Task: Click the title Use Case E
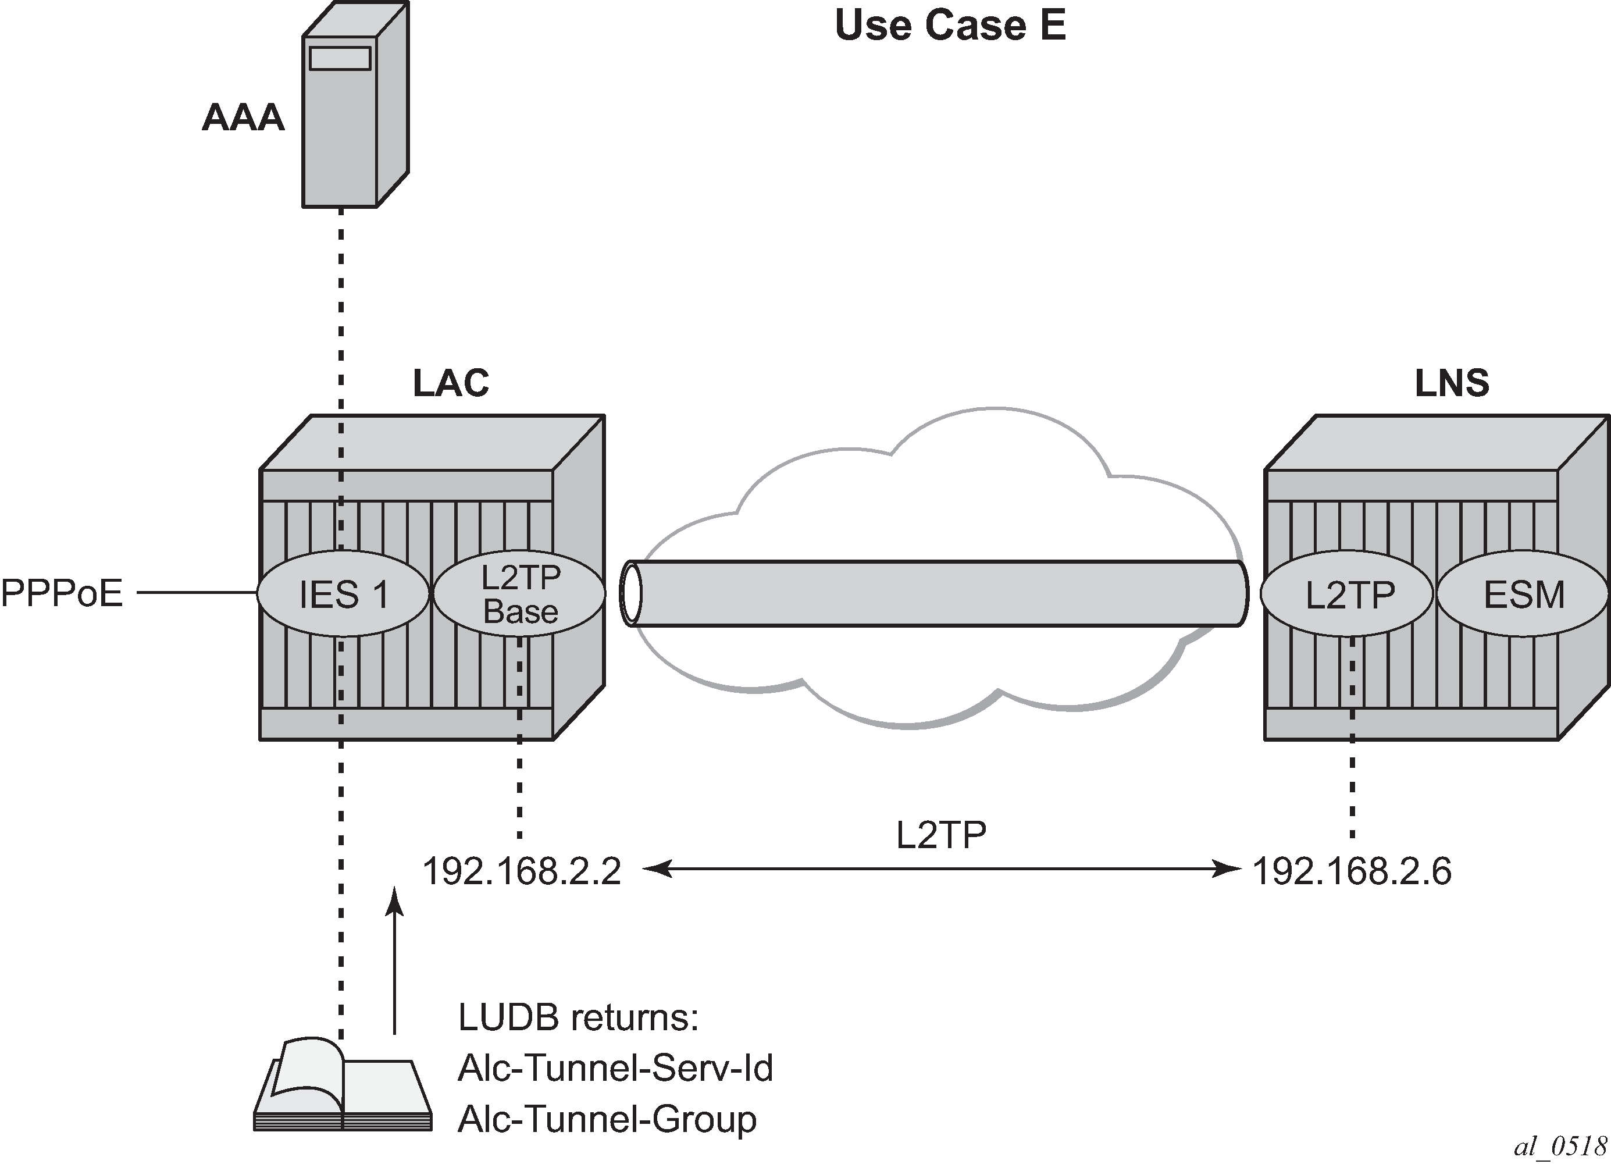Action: point(950,26)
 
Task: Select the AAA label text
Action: point(243,118)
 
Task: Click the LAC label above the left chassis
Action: point(451,384)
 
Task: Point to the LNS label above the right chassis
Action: point(1451,384)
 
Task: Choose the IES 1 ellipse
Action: point(344,593)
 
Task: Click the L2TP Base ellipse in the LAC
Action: point(520,593)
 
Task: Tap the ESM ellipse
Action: point(1523,594)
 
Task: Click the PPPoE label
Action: point(62,593)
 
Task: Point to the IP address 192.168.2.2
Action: point(521,871)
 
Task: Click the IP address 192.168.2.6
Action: point(1351,871)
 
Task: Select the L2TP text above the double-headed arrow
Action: point(941,835)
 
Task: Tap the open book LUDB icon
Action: point(343,1087)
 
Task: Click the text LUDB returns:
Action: point(578,1017)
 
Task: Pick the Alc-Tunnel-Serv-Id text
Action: point(615,1067)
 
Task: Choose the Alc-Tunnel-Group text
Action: point(607,1119)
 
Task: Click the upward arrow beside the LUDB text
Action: point(395,959)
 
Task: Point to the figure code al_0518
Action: point(1560,1145)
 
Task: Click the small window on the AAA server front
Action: point(340,58)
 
